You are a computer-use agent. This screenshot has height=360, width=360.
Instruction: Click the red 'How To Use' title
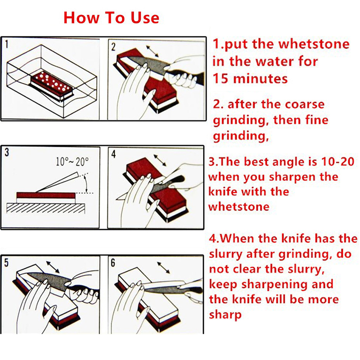pyautogui.click(x=111, y=18)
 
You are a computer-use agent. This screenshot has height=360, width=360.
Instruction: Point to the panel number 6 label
pyautogui.click(x=113, y=263)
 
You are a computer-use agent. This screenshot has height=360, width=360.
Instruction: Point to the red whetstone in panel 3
pyautogui.click(x=45, y=195)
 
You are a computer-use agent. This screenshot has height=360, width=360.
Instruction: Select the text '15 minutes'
pyautogui.click(x=250, y=78)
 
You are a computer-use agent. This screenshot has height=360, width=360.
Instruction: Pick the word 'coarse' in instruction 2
pyautogui.click(x=304, y=104)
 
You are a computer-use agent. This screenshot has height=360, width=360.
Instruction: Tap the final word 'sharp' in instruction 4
pyautogui.click(x=225, y=315)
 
